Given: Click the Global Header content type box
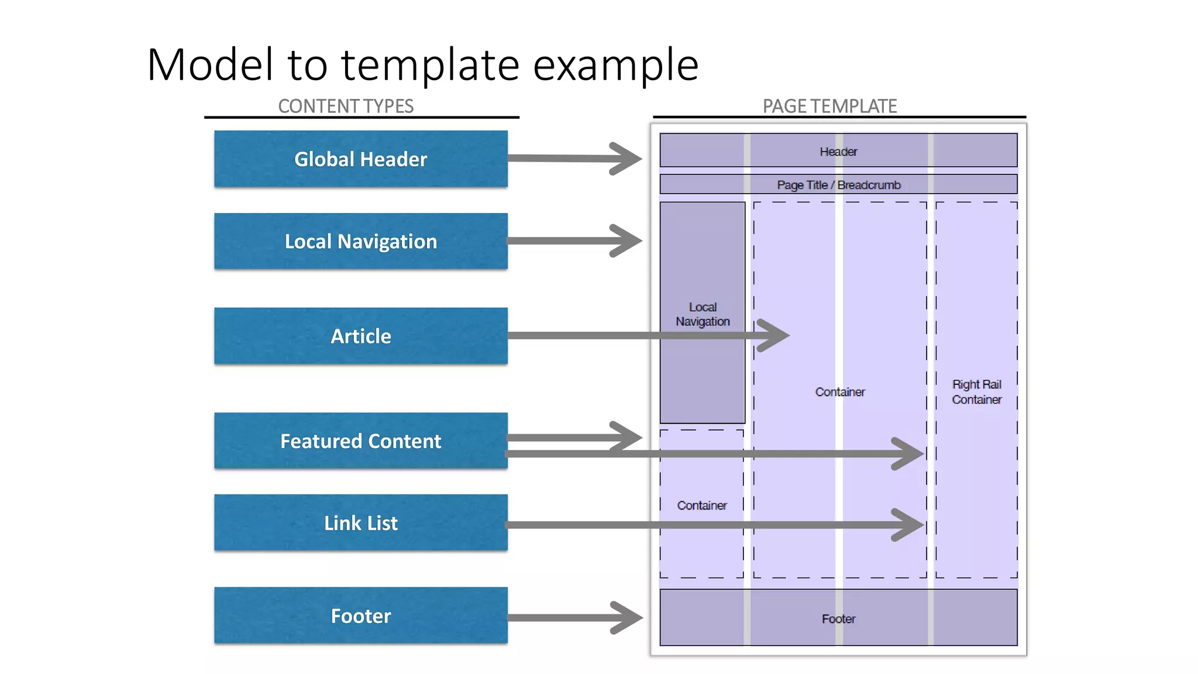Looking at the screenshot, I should point(360,159).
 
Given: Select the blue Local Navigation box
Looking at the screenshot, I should point(360,241).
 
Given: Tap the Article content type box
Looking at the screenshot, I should point(360,336).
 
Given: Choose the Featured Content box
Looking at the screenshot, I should point(360,441).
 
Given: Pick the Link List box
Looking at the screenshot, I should point(360,522).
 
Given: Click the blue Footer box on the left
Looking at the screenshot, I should point(360,615).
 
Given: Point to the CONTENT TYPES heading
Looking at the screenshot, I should point(346,106).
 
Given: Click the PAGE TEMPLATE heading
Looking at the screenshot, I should point(829,106).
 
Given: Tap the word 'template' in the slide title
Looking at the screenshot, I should point(430,64).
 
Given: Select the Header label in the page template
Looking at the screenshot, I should point(838,152).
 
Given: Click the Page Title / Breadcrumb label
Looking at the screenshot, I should point(838,185).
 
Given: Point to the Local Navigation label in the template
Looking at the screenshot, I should point(703,314).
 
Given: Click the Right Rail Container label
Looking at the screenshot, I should point(976,392).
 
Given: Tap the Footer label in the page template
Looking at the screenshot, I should point(838,618).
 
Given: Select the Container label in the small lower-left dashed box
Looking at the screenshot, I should point(702,505).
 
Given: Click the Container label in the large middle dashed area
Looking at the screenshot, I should point(839,392).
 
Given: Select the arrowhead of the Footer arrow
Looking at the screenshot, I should point(630,618).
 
